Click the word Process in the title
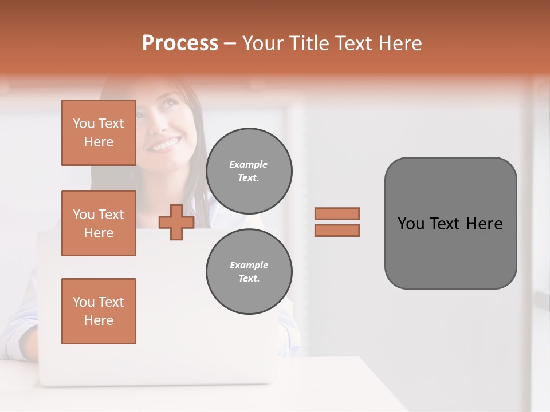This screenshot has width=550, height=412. (x=180, y=43)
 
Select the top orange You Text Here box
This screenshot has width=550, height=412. (x=99, y=133)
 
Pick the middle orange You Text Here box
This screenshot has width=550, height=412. (x=99, y=223)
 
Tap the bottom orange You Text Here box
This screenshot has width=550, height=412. (x=99, y=311)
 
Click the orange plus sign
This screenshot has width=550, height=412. (x=176, y=223)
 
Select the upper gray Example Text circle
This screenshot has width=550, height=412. (x=249, y=171)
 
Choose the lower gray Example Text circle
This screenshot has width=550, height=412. (x=249, y=272)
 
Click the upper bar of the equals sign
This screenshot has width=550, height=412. (x=337, y=213)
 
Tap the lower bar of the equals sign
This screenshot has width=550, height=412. (x=337, y=231)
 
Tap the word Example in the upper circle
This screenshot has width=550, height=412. (x=249, y=164)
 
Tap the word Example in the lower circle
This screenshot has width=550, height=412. (x=249, y=265)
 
